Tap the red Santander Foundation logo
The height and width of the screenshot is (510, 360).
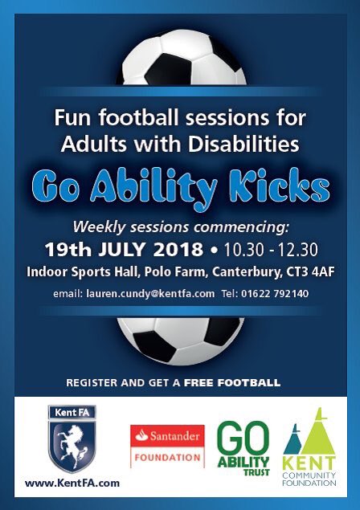167,445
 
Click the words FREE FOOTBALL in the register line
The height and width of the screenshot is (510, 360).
231,383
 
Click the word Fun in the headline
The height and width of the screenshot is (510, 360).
69,118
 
